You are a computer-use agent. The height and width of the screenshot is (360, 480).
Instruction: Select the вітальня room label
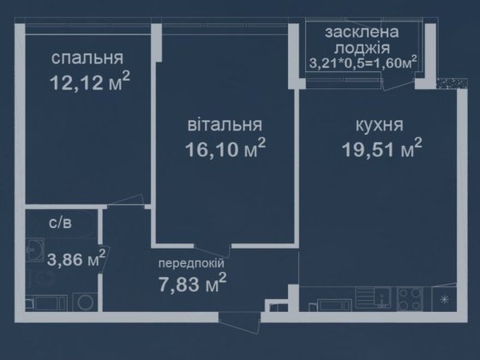(224, 125)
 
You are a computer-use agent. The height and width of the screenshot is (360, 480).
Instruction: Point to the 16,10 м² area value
(225, 149)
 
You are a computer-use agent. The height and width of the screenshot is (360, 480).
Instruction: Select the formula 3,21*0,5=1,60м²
(363, 63)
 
